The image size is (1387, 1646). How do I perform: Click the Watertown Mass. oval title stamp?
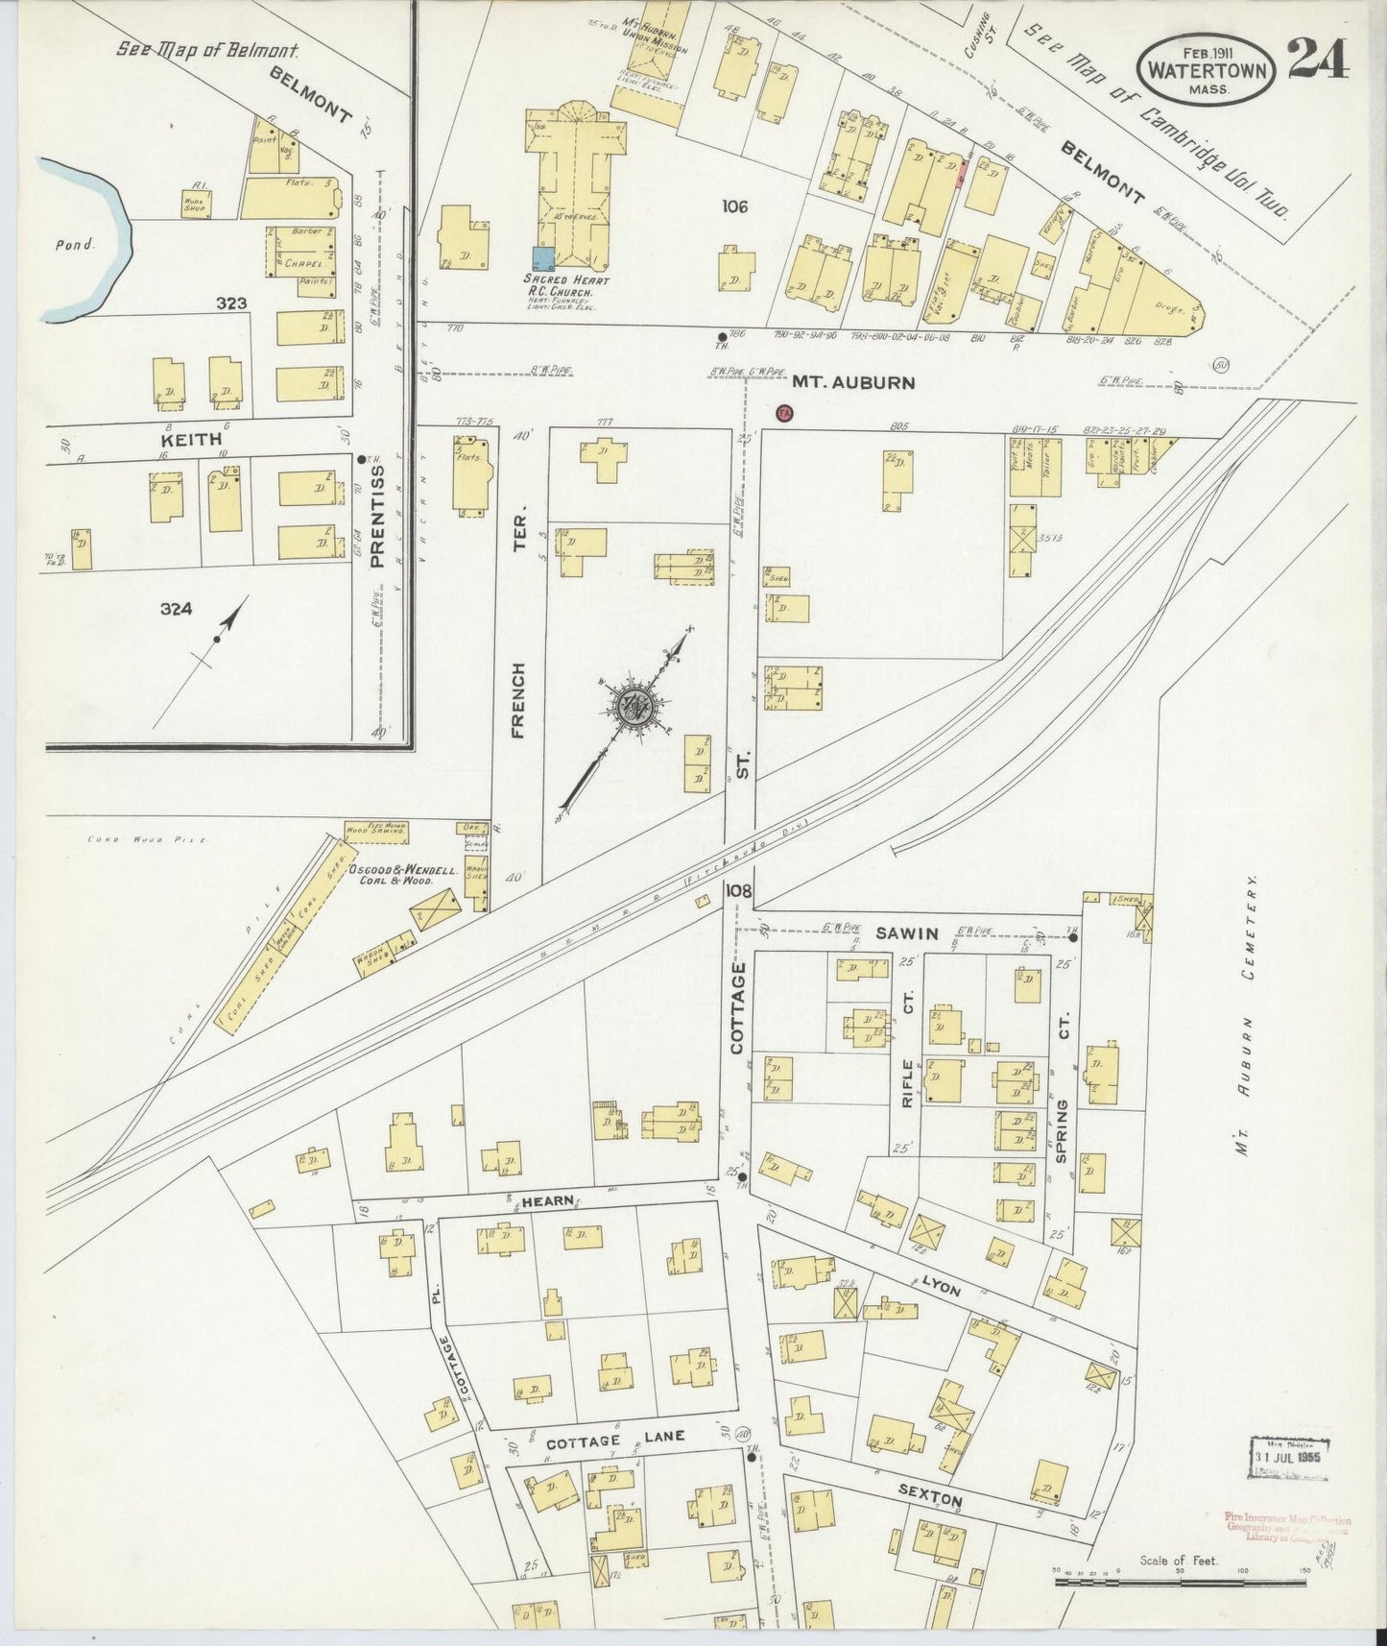(1207, 68)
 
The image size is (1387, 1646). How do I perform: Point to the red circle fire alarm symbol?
(783, 412)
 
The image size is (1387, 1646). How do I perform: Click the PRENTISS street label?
(376, 516)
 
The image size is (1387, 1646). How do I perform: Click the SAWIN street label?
(904, 932)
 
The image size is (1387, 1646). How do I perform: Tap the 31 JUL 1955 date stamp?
(1288, 1457)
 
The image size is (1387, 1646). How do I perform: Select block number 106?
(736, 206)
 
